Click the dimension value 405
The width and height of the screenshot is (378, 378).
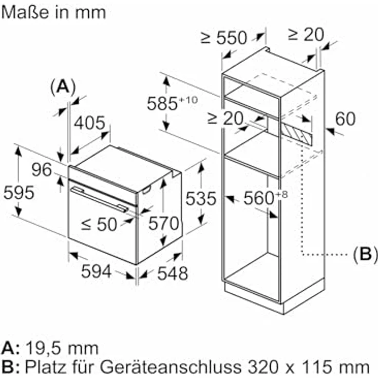click(x=90, y=123)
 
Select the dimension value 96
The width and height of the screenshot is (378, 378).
click(x=42, y=169)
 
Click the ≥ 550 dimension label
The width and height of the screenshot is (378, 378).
click(x=224, y=37)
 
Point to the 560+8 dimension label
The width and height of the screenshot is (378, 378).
click(x=264, y=198)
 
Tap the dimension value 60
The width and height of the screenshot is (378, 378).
click(x=344, y=119)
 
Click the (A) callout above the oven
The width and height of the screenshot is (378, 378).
click(x=63, y=86)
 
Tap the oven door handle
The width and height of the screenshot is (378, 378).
click(x=100, y=199)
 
